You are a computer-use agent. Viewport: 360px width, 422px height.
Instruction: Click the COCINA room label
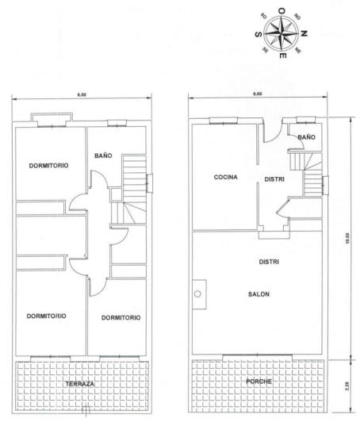point(225,177)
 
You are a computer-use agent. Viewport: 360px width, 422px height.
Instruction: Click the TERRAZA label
point(80,383)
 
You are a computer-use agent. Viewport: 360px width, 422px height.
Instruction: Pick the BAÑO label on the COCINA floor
point(307,136)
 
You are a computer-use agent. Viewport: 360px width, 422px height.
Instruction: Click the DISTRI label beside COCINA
point(274,178)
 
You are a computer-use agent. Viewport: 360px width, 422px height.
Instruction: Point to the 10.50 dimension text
point(348,238)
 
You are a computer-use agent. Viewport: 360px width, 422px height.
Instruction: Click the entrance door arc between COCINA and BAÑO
point(270,132)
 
